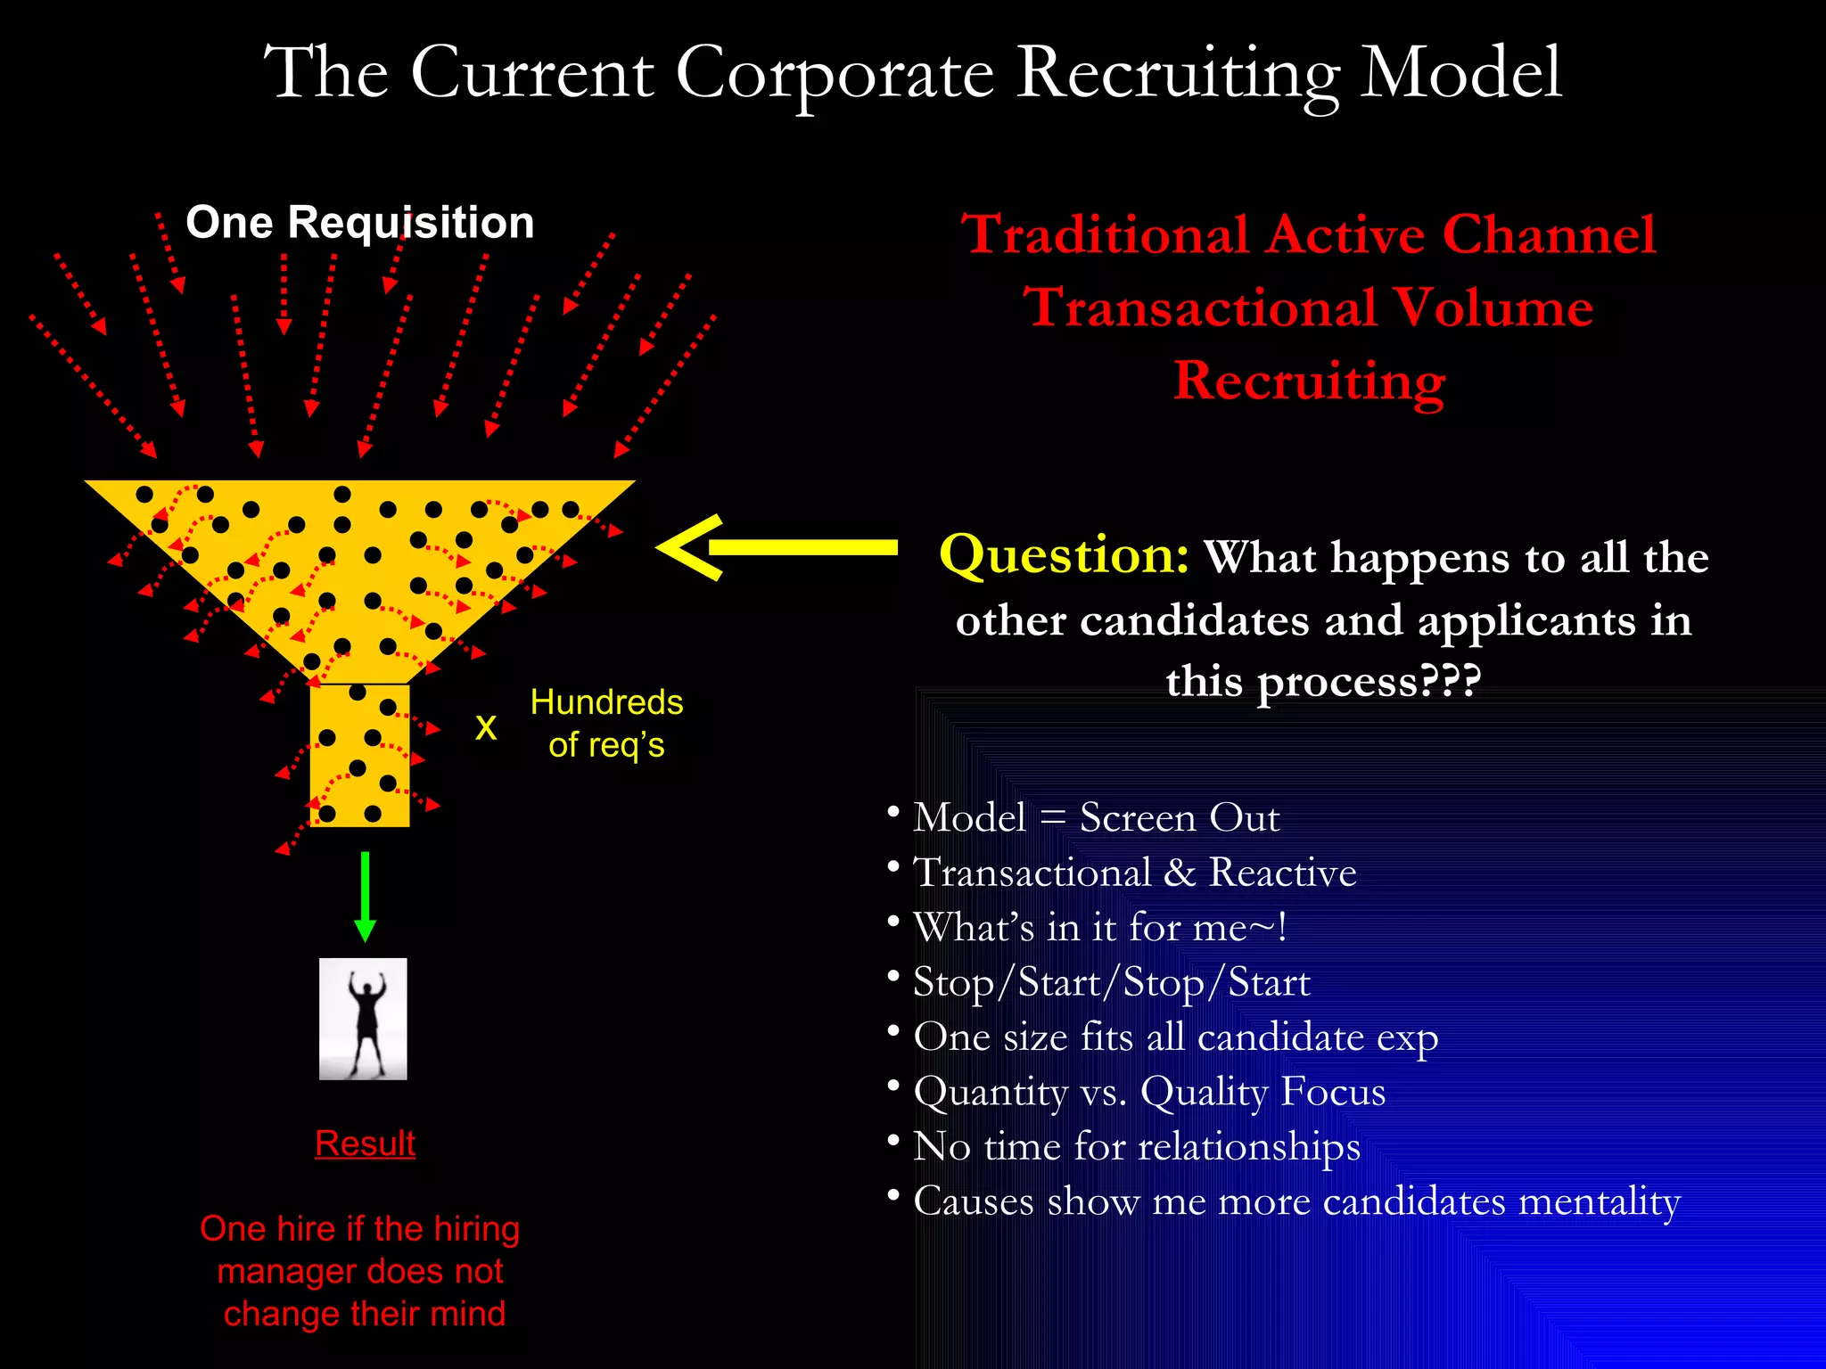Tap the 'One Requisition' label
click(x=359, y=222)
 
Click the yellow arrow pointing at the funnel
click(x=777, y=547)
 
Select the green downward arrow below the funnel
click(x=365, y=896)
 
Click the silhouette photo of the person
click(x=363, y=1019)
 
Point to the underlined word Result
click(x=365, y=1143)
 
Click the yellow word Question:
click(x=1064, y=554)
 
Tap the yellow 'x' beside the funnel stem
click(x=485, y=727)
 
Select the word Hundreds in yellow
click(x=606, y=702)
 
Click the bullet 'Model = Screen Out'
click(x=1096, y=817)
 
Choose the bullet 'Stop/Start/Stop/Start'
click(x=1111, y=982)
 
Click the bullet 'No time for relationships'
click(x=1137, y=1146)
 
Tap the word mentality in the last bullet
click(x=1600, y=1201)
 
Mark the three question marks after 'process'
click(x=1450, y=682)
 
